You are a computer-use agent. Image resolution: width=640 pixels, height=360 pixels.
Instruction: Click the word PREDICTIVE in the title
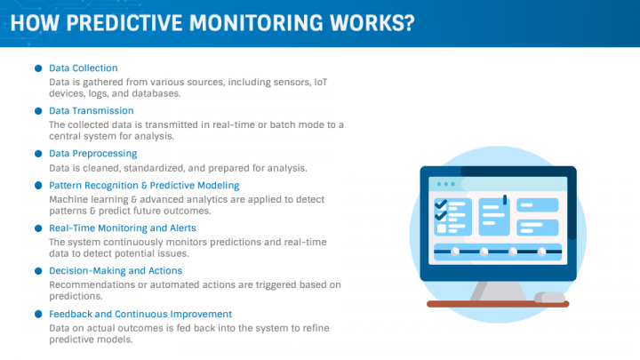point(124,23)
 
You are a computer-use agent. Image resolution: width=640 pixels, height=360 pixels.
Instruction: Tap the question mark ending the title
point(408,23)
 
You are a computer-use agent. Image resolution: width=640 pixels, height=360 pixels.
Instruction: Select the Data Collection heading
point(84,68)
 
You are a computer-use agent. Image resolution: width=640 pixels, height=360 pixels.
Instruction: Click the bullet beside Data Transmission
point(38,111)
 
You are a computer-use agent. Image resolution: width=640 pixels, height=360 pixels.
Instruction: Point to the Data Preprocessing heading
point(93,154)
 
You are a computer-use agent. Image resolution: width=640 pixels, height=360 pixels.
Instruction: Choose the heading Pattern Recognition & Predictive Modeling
point(144,185)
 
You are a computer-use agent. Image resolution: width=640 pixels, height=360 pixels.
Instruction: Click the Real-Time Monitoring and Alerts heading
point(123,228)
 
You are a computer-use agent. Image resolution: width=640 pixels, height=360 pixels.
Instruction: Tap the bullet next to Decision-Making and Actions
point(38,271)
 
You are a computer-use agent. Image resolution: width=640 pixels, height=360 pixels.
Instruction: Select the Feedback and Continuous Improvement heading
point(140,314)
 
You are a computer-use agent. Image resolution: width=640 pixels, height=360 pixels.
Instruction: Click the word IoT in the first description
point(320,82)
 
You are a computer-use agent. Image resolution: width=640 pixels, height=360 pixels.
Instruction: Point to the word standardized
point(155,168)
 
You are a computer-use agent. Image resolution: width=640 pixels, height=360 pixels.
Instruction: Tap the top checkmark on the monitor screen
point(441,204)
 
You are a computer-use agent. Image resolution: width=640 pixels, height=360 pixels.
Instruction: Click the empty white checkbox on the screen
point(442,228)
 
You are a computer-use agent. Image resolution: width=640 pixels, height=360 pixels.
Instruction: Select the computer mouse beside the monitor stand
point(550,297)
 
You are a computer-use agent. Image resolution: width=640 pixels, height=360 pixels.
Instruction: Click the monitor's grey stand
point(498,291)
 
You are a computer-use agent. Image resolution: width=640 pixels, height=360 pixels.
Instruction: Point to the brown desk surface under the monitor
point(498,304)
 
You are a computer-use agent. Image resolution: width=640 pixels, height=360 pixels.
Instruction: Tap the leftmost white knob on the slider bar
point(455,252)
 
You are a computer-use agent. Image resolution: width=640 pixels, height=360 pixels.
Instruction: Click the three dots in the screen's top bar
point(445,184)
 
